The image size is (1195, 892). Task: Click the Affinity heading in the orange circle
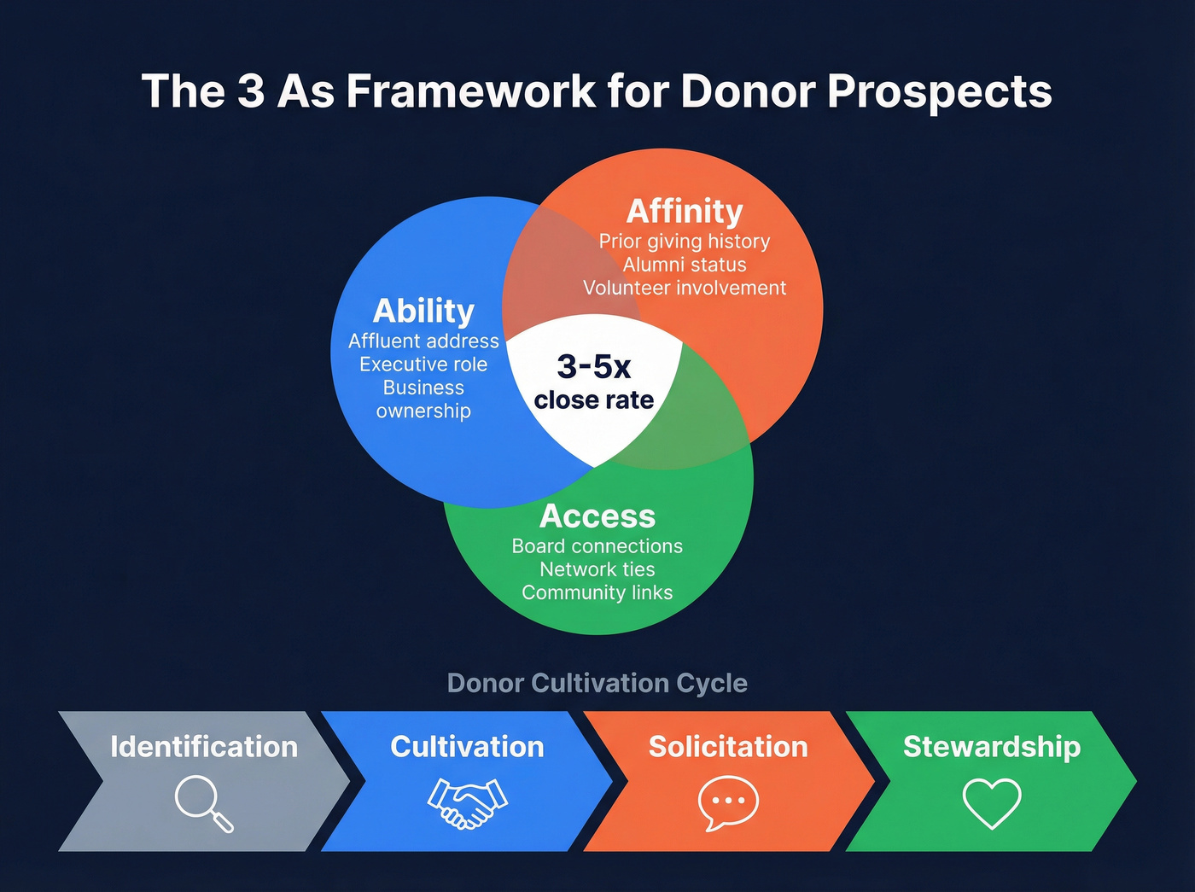[x=685, y=211]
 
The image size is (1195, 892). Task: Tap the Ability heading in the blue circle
[x=423, y=311]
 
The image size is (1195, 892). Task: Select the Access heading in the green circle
[x=597, y=516]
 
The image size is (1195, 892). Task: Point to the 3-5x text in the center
[x=594, y=366]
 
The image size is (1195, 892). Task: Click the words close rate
[x=594, y=399]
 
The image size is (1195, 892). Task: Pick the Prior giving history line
[x=685, y=242]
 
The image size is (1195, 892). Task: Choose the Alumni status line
[x=685, y=265]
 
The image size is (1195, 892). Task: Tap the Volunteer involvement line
[x=685, y=288]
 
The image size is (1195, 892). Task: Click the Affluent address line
[x=423, y=341]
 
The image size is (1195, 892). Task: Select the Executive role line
[x=423, y=364]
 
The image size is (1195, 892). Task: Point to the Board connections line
[x=597, y=546]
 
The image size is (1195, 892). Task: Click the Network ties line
[x=597, y=569]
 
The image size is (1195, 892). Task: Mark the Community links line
[x=597, y=592]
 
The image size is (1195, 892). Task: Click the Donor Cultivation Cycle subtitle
[x=597, y=683]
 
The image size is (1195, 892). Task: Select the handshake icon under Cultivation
[x=467, y=803]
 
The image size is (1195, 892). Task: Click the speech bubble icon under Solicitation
[x=728, y=802]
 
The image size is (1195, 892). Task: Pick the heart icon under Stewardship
[x=992, y=803]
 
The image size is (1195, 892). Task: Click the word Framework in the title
[x=471, y=90]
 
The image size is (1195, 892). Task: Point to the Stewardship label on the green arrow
[x=992, y=747]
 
